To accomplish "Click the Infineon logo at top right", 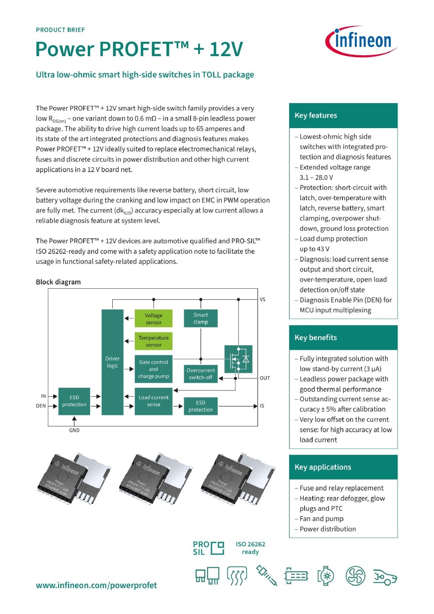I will click(x=361, y=41).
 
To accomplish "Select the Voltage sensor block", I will click(x=153, y=319).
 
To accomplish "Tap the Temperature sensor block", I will click(x=153, y=341).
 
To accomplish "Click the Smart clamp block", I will click(x=200, y=319).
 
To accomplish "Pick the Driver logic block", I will click(x=112, y=362).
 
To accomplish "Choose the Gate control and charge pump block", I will click(x=153, y=369).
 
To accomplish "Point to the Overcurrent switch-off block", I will click(x=200, y=374).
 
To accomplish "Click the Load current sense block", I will click(x=153, y=401).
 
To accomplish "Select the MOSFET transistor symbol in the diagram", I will click(x=238, y=359).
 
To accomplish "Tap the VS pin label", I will click(x=262, y=300).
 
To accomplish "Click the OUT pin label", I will click(x=265, y=378).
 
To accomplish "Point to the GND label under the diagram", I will click(x=74, y=430).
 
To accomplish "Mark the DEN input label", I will click(x=41, y=406).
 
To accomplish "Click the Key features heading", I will click(x=316, y=116).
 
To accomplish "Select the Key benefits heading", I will click(x=316, y=338).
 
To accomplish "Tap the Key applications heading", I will click(x=323, y=467).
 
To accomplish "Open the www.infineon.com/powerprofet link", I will click(x=96, y=585).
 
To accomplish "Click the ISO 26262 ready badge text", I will click(x=250, y=548).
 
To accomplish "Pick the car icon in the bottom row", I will click(x=385, y=576).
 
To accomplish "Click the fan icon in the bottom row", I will click(x=355, y=576).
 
